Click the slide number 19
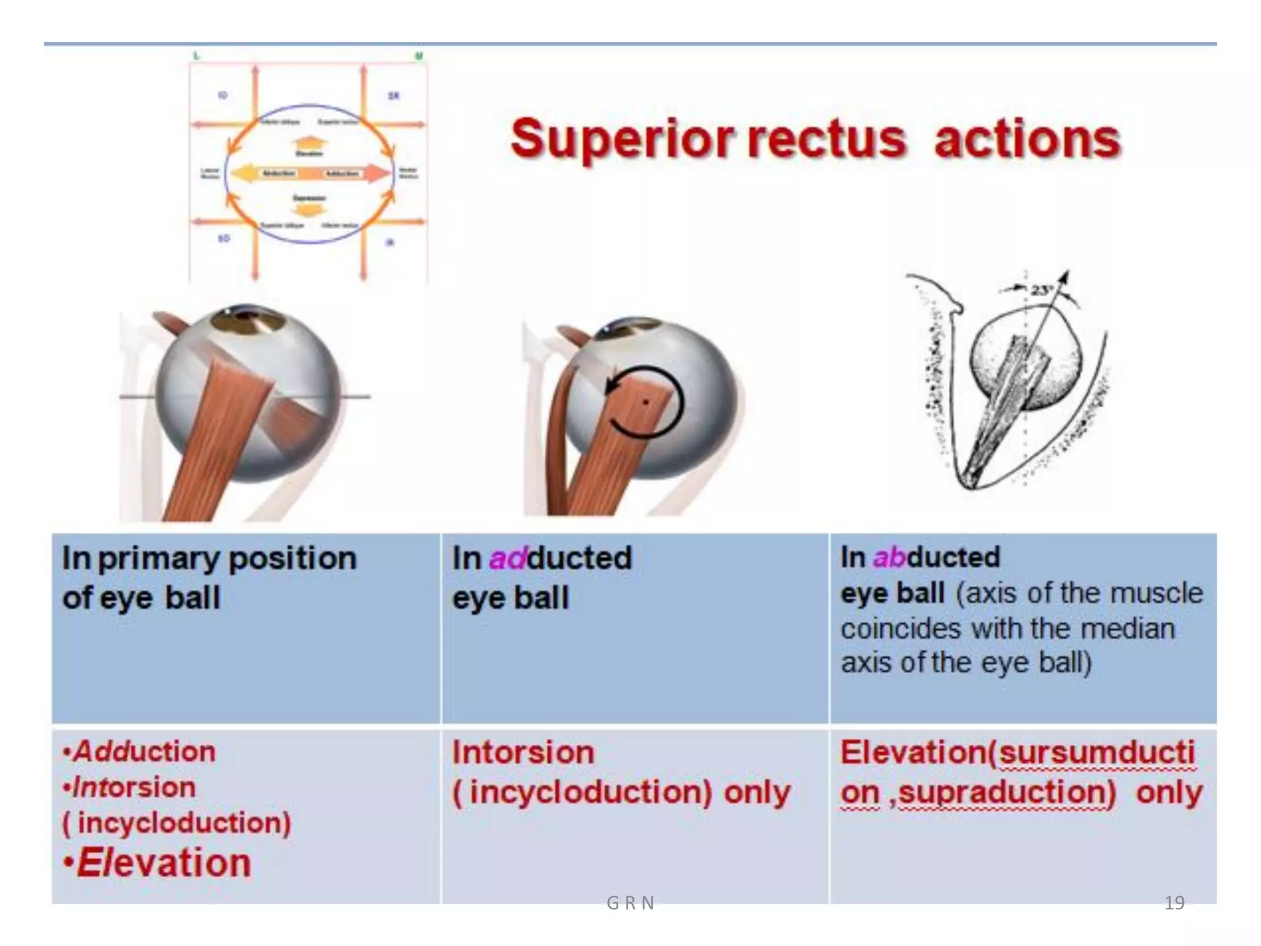[1174, 903]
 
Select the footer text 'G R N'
[630, 903]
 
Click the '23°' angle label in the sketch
[1041, 289]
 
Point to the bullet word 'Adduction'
[145, 751]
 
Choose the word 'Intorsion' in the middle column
[523, 753]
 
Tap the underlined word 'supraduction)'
[1007, 793]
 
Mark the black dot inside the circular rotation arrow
[645, 403]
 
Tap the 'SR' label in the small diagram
[393, 95]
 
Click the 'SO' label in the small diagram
[224, 238]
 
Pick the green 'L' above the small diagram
[196, 56]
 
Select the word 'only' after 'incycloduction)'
[757, 793]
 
